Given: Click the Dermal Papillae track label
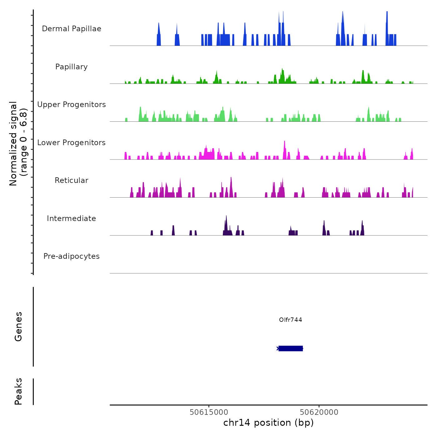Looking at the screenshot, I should coord(71,29).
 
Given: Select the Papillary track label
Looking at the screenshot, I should coord(71,67).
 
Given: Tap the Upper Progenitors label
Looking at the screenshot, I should coord(71,105).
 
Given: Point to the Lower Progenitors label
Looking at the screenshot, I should coord(71,143).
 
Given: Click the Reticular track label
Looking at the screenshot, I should coord(71,180).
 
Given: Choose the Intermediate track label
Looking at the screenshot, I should coord(71,219).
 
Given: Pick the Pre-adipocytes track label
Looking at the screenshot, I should coord(71,256).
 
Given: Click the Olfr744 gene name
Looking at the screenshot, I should coord(291,320).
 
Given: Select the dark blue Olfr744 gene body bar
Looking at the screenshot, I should coord(291,348).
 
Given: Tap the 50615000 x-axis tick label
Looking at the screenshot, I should coord(209,412).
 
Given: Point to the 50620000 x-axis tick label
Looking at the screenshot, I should coord(319,412).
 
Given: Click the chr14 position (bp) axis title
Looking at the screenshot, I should coord(268,423).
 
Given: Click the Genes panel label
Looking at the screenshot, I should coord(18,327).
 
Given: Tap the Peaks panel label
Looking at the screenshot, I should coord(18,391).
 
